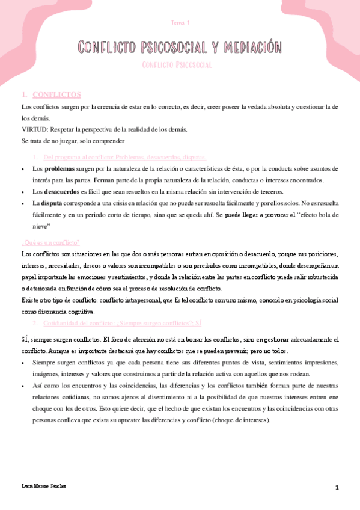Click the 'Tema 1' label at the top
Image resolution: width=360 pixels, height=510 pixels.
[180, 23]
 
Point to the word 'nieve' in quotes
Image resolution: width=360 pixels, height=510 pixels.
[41, 226]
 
